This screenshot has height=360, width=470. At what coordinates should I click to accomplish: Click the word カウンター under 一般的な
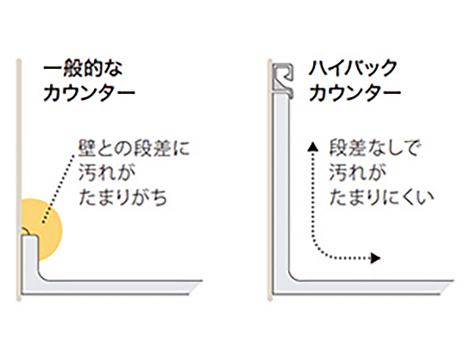[89, 93]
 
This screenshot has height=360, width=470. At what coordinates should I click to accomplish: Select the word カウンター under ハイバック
[355, 93]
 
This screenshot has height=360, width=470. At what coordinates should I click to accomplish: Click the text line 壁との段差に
[134, 146]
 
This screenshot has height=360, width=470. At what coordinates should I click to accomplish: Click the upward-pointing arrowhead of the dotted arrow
[312, 146]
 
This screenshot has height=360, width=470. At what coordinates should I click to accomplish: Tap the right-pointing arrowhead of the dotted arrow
[377, 257]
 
